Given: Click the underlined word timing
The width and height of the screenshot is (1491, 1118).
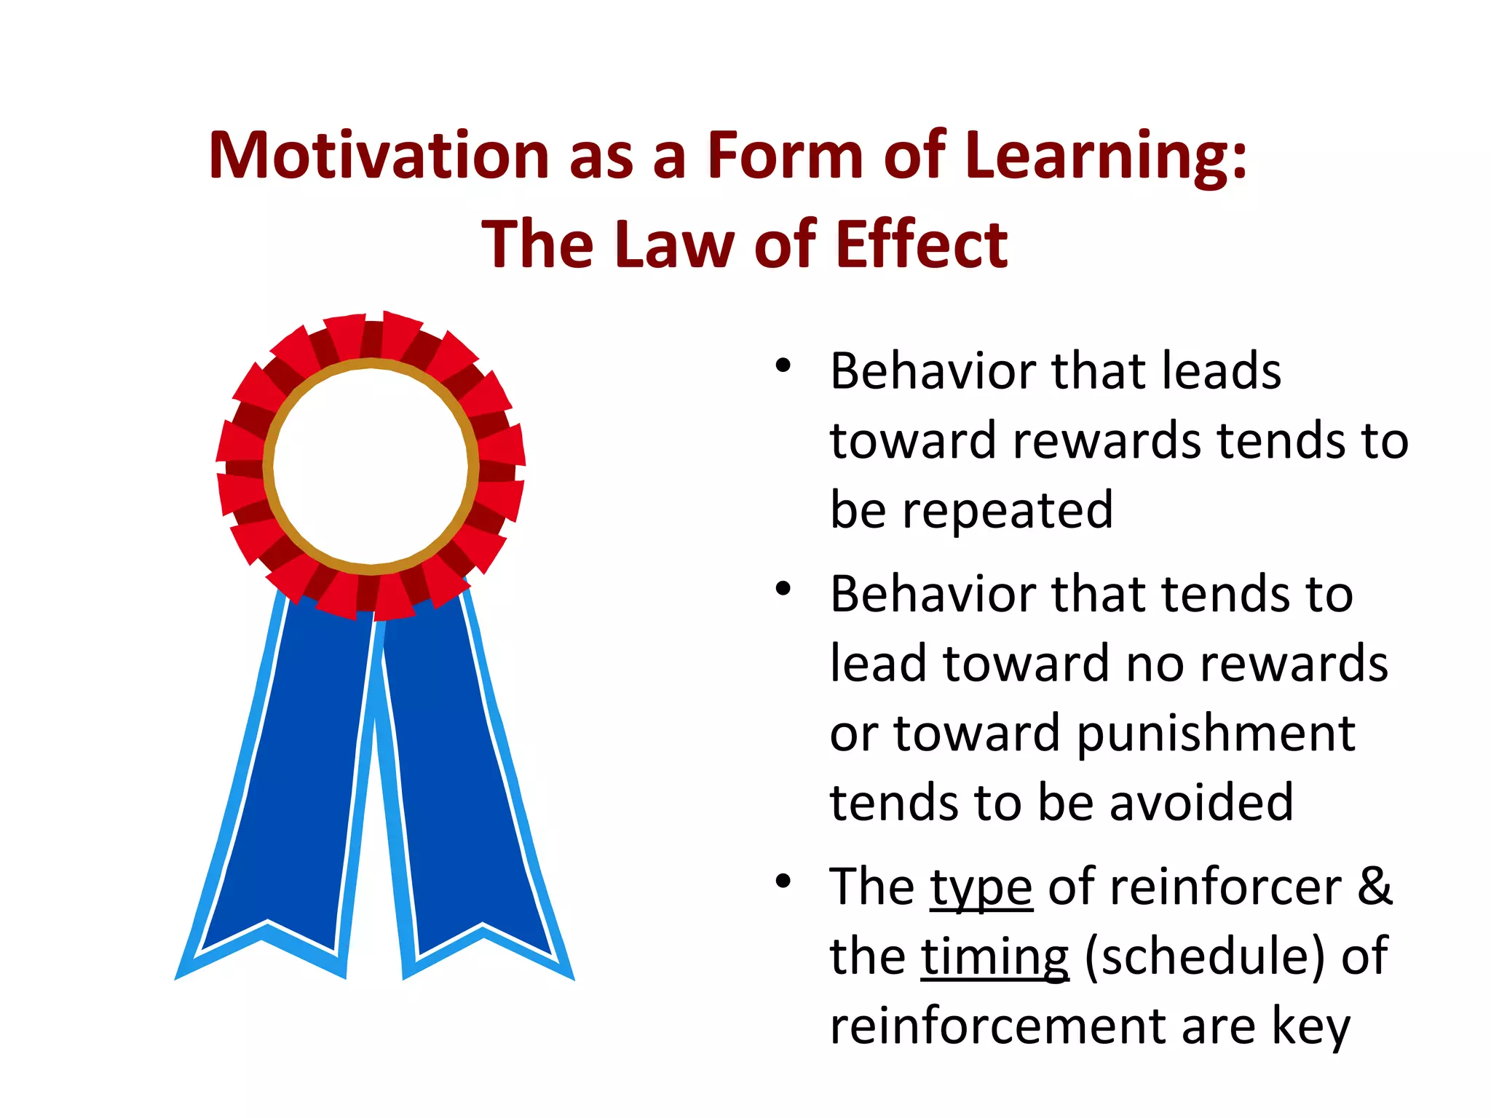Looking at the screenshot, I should coord(994,958).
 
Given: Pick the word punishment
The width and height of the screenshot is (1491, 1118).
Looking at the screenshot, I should coord(1216,734).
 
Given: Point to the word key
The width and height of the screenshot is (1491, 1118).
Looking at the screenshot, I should coord(1310,1026).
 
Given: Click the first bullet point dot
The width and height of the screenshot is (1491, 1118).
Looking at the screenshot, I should coord(783,365).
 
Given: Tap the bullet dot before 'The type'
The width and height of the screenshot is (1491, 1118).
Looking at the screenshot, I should coord(783,881).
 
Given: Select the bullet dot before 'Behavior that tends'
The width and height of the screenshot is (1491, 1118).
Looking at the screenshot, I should coord(783,588).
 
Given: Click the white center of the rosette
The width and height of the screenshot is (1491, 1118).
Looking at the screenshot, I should coord(371,466).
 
